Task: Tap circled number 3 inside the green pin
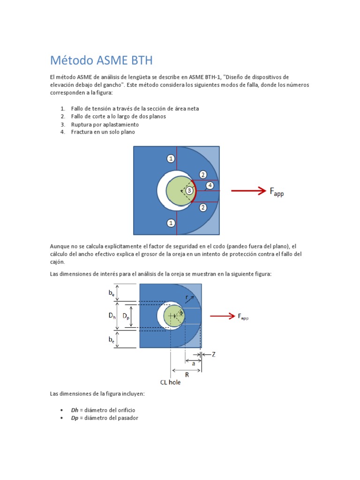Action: point(189,190)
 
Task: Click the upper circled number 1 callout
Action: point(171,158)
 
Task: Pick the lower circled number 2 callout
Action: point(202,207)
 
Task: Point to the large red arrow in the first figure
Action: point(248,190)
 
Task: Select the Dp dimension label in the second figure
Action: point(126,316)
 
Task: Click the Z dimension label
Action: point(213,355)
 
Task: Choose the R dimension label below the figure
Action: point(187,375)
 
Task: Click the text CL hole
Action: point(170,382)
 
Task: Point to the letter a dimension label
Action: point(193,363)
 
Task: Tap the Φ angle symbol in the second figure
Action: point(181,313)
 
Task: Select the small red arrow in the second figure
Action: point(222,316)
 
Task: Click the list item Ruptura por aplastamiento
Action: point(105,125)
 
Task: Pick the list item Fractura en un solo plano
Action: point(103,132)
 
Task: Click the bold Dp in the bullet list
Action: point(75,418)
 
